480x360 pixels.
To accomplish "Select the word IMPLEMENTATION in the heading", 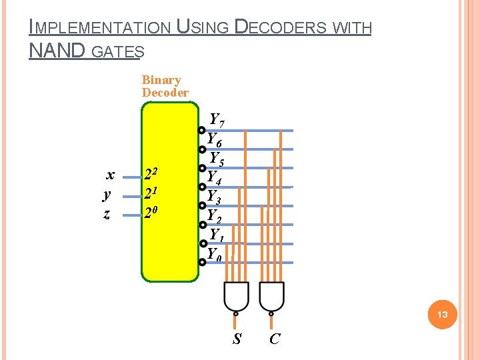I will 100,28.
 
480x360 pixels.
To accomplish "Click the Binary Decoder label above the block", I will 164,87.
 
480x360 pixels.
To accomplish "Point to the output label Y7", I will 217,121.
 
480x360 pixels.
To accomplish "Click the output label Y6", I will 215,140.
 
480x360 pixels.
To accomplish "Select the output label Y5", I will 217,159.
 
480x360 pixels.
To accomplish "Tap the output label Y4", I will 215,178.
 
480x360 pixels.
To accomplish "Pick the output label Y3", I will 215,197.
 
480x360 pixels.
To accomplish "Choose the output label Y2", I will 215,217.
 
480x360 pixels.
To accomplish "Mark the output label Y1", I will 217,235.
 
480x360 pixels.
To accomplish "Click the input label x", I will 111,175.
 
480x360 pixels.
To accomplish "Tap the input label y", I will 107,195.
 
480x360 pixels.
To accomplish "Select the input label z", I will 107,214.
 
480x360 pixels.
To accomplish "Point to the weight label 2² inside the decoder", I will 151,175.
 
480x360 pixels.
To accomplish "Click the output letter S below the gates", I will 237,339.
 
